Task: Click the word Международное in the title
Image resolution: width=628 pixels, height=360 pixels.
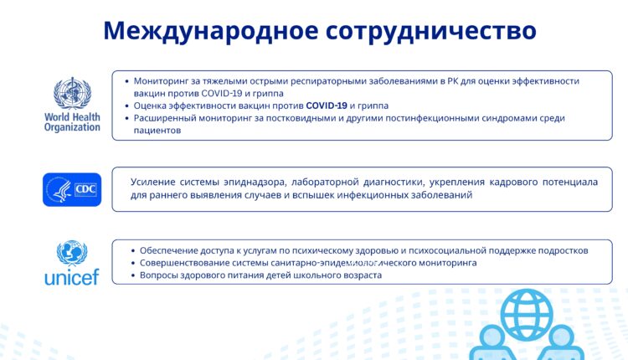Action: click(209, 31)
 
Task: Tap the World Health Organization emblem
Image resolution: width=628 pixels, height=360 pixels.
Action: click(72, 92)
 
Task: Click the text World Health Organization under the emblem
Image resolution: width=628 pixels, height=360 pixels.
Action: click(72, 122)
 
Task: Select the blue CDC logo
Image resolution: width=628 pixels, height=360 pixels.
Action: click(72, 190)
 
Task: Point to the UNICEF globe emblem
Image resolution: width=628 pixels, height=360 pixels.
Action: click(72, 252)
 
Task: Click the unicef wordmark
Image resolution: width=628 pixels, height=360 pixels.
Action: click(72, 276)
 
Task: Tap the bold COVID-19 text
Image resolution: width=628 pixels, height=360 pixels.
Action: click(326, 106)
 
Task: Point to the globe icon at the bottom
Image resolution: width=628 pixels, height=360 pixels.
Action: click(527, 312)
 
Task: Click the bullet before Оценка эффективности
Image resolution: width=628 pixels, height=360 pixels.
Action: click(126, 106)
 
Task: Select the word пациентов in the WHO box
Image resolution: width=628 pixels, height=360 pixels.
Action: click(158, 131)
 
